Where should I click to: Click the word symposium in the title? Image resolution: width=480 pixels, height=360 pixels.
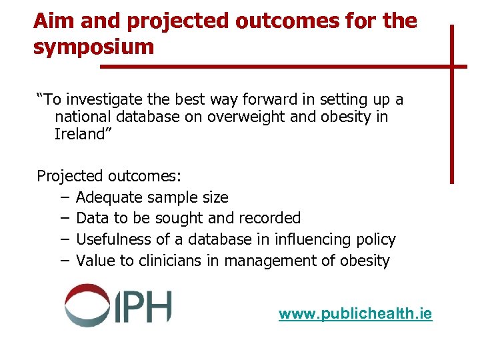pos(93,47)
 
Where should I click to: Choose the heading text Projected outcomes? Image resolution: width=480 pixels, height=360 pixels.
pos(109,177)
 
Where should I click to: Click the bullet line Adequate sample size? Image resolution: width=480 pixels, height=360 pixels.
pos(152,197)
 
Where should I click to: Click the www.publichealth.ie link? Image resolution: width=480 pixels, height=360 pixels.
pos(355,313)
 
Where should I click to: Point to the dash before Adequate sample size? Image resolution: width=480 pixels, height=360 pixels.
pos(63,197)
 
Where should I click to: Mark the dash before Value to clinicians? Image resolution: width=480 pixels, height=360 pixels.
pos(63,261)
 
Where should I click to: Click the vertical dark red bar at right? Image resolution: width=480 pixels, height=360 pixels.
pos(451,103)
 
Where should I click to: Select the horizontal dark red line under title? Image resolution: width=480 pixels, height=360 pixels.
pos(280,67)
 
